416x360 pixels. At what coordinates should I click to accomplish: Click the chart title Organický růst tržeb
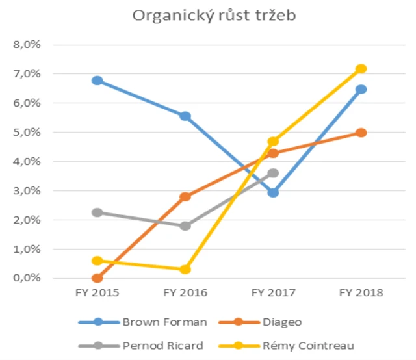pyautogui.click(x=214, y=16)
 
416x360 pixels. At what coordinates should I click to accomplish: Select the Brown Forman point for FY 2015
pyautogui.click(x=97, y=81)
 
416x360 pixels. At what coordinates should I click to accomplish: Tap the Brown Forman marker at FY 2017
pyautogui.click(x=273, y=192)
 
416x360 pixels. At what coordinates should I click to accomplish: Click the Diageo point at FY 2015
pyautogui.click(x=97, y=278)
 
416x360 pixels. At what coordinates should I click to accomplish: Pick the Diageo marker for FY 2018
pyautogui.click(x=361, y=133)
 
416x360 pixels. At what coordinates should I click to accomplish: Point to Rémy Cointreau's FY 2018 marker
pyautogui.click(x=361, y=69)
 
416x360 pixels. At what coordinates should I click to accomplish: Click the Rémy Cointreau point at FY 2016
pyautogui.click(x=185, y=269)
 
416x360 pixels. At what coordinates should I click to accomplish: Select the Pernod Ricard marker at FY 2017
pyautogui.click(x=273, y=173)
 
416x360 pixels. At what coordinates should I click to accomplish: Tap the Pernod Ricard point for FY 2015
pyautogui.click(x=97, y=212)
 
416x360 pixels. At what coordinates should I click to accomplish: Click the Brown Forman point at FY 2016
pyautogui.click(x=185, y=116)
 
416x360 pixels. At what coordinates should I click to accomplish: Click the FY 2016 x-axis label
pyautogui.click(x=185, y=293)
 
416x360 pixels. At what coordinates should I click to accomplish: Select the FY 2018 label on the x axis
pyautogui.click(x=361, y=293)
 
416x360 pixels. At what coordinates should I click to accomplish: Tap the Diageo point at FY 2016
pyautogui.click(x=185, y=196)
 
